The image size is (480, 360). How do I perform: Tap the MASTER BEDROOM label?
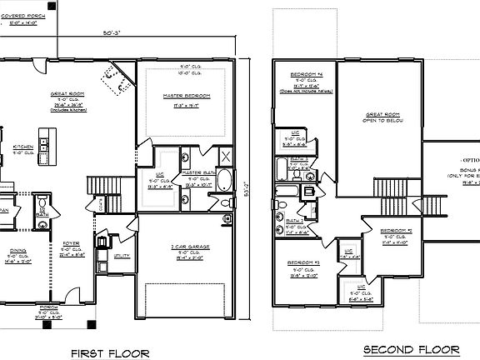pyautogui.click(x=186, y=97)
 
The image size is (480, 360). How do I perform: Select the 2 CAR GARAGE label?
pyautogui.click(x=186, y=248)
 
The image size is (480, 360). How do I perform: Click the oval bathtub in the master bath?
pyautogui.click(x=225, y=181)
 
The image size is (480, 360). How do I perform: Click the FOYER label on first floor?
pyautogui.click(x=71, y=244)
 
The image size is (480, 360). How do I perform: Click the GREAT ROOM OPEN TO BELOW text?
pyautogui.click(x=379, y=118)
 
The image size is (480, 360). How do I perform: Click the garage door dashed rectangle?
pyautogui.click(x=186, y=300)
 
